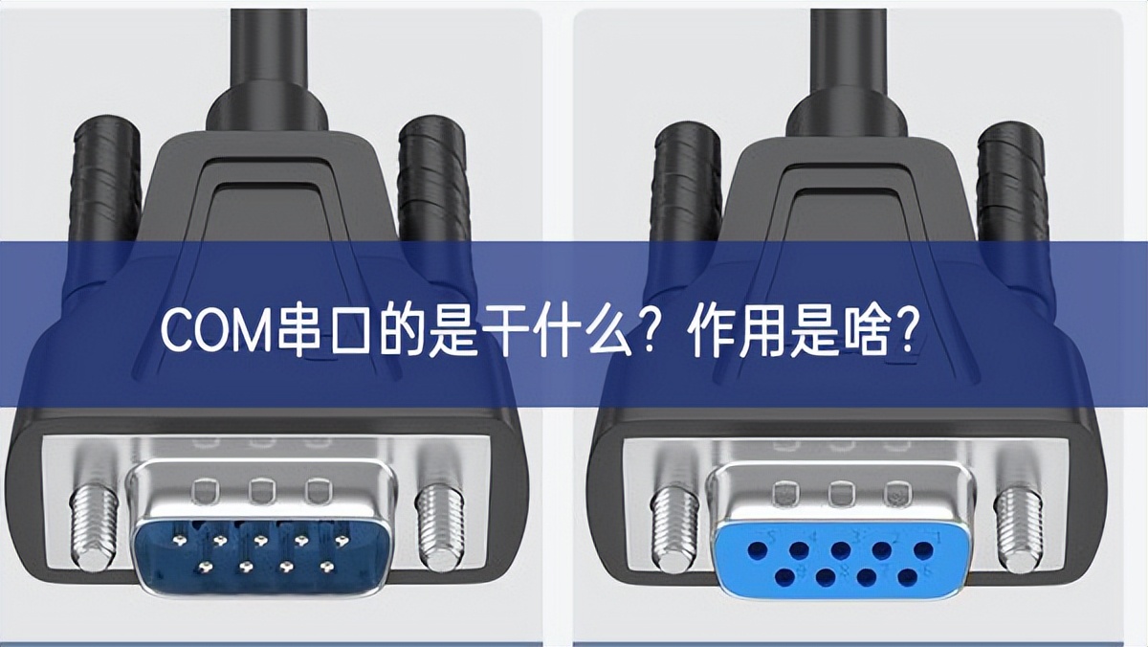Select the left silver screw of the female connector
pyautogui.click(x=675, y=526)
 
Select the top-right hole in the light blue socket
pyautogui.click(x=922, y=550)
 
